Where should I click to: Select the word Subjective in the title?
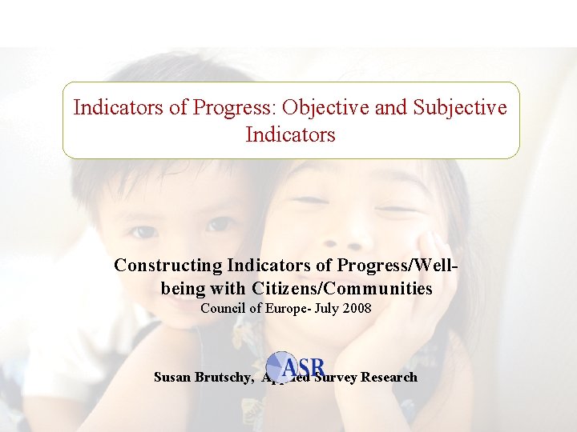(x=459, y=108)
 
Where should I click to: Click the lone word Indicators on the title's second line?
(x=290, y=135)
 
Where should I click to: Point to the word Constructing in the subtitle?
(x=168, y=265)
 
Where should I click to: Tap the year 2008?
(x=356, y=308)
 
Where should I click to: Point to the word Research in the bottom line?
(x=389, y=377)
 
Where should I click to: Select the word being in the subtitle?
(x=183, y=288)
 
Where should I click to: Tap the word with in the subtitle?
(x=229, y=288)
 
